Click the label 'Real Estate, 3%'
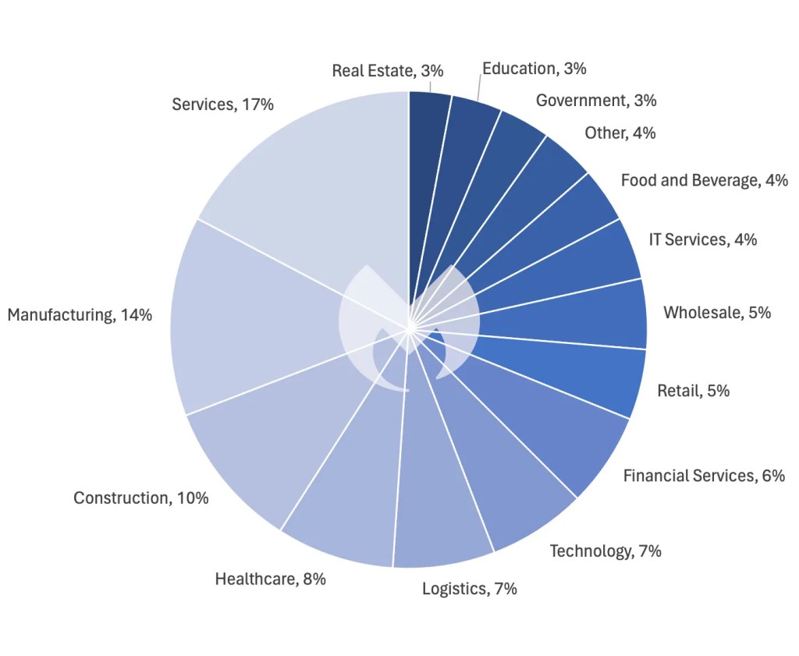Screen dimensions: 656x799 pos(388,70)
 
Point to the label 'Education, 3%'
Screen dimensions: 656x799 pos(534,69)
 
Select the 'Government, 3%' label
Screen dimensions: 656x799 pos(596,100)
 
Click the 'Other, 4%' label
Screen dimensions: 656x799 pos(620,133)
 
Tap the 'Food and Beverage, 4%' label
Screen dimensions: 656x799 pos(704,180)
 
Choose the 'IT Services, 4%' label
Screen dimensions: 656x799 pos(702,239)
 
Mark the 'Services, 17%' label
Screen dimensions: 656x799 pos(222,104)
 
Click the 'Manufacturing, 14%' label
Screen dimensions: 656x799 pos(80,315)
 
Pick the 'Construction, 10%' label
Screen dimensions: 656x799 pos(141,498)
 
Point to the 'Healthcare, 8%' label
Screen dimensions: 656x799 pos(270,579)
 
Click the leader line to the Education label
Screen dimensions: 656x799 pos(478,86)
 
